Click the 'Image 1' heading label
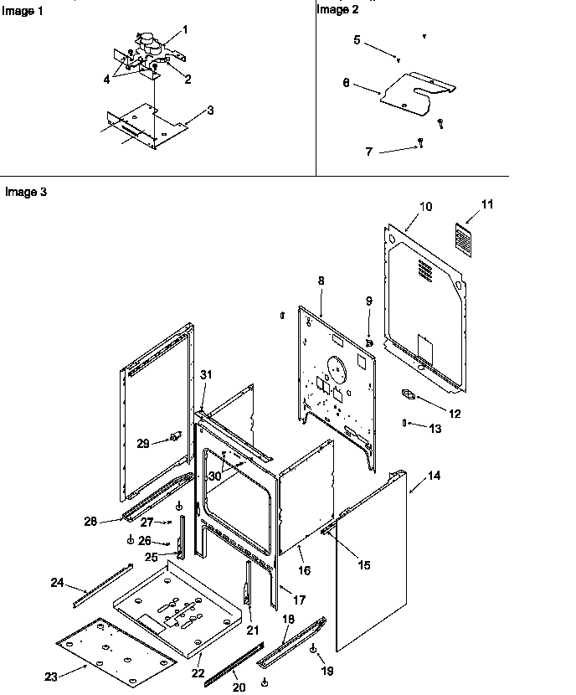19,11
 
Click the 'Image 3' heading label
25,192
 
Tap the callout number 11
465,203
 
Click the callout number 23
50,677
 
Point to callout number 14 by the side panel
434,476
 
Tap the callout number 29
143,443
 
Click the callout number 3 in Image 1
209,110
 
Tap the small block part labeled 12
409,393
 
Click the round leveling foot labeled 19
312,650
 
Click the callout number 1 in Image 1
184,29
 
